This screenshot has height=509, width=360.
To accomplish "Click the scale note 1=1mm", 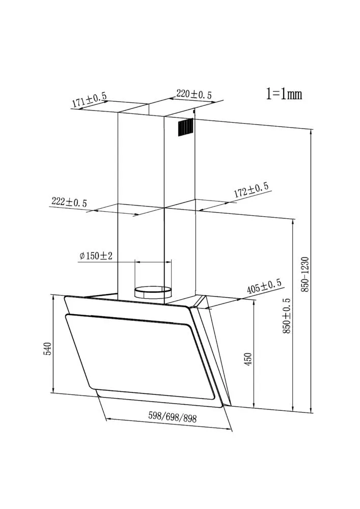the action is click(x=284, y=94).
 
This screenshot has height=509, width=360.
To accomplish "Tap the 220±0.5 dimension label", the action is click(x=194, y=94).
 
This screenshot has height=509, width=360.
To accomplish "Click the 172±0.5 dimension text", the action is click(x=252, y=190).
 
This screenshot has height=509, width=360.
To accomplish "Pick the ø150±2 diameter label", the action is click(x=96, y=256).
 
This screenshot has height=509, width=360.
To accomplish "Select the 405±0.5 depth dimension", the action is click(x=264, y=286).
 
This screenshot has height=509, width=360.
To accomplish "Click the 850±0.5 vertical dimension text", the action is click(x=287, y=316).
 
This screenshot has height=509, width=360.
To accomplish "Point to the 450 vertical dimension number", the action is click(x=248, y=360).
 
